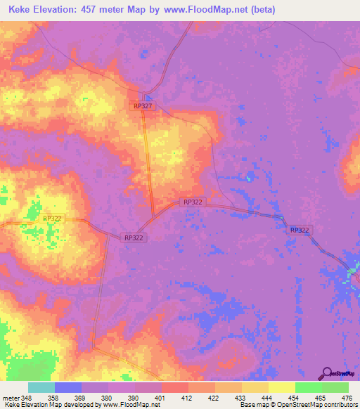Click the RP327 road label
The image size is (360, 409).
[143, 105]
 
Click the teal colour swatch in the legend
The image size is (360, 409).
[41, 387]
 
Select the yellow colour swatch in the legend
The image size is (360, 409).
[281, 387]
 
